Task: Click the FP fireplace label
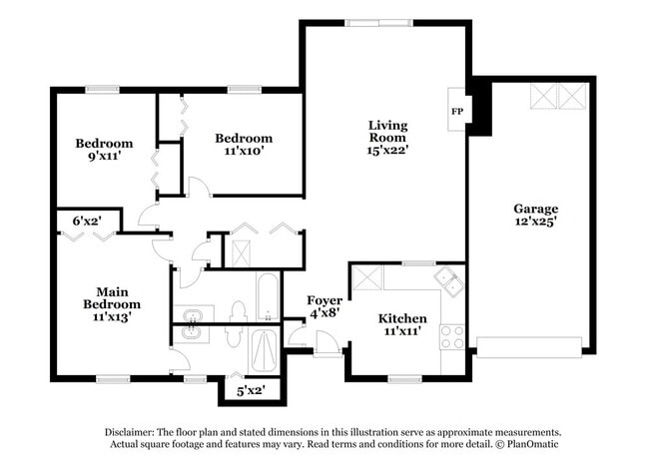click(x=457, y=111)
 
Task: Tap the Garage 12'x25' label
click(x=535, y=216)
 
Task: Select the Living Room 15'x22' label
click(x=386, y=138)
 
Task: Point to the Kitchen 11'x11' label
click(x=402, y=325)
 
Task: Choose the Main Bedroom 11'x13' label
click(x=111, y=303)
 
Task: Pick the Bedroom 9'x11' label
click(x=104, y=150)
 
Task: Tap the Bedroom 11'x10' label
click(x=244, y=145)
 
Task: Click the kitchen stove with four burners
click(x=452, y=336)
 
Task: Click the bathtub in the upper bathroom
click(x=268, y=296)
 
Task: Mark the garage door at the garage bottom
click(x=528, y=347)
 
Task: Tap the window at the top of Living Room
click(x=378, y=22)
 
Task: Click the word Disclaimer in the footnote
click(x=134, y=432)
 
